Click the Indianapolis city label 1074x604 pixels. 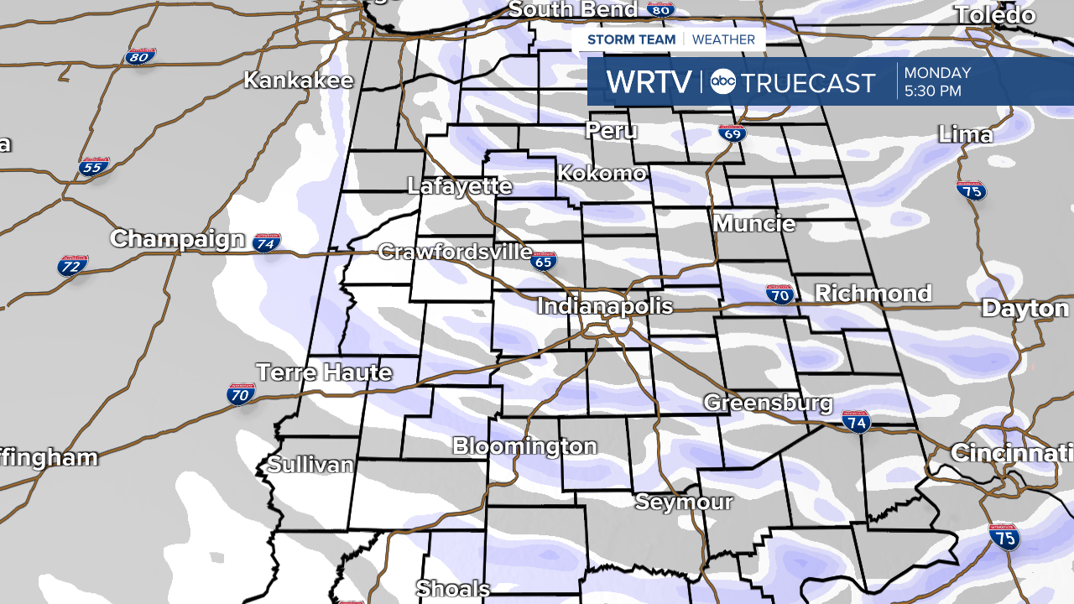(604, 305)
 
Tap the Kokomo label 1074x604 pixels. (602, 174)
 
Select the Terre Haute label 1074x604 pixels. (324, 372)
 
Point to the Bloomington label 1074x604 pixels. (524, 446)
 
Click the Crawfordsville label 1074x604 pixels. (455, 252)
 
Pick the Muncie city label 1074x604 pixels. (754, 224)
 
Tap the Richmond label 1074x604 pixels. (873, 294)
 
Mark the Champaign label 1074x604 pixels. (177, 239)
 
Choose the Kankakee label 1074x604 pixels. (299, 81)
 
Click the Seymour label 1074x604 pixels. (684, 502)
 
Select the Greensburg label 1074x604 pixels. (768, 403)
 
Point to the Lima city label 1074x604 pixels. (965, 135)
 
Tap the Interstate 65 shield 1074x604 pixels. (543, 262)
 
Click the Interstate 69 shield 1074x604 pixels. (731, 133)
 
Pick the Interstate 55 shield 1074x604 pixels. (94, 166)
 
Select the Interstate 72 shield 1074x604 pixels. (73, 265)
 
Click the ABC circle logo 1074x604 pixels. (722, 81)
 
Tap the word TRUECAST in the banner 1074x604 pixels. (808, 82)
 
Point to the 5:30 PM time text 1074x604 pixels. (932, 91)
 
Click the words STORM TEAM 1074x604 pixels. (631, 39)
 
